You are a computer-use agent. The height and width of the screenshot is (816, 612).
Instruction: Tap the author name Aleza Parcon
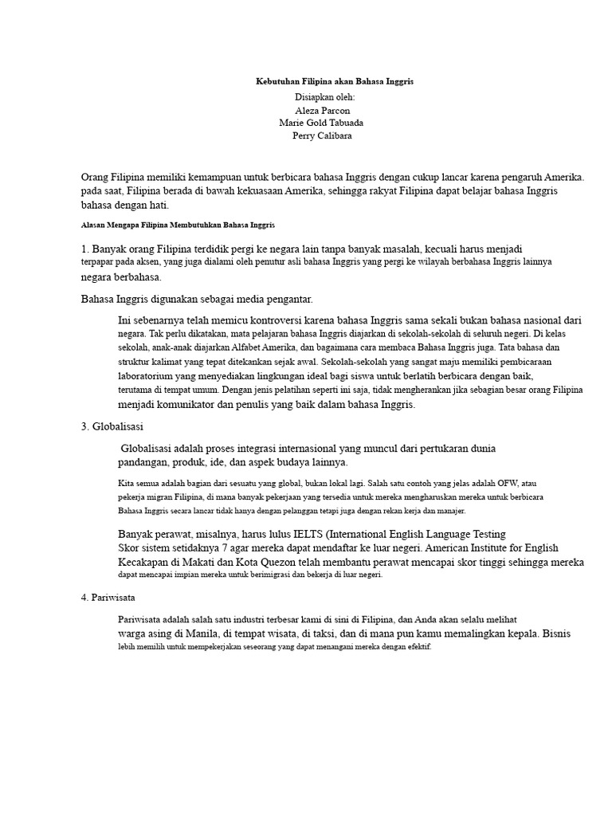click(322, 110)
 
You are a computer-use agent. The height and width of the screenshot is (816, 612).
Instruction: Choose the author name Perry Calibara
click(322, 135)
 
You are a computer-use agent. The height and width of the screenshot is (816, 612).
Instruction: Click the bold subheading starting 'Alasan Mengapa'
click(178, 226)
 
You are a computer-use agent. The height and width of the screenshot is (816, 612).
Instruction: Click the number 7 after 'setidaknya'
click(226, 547)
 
